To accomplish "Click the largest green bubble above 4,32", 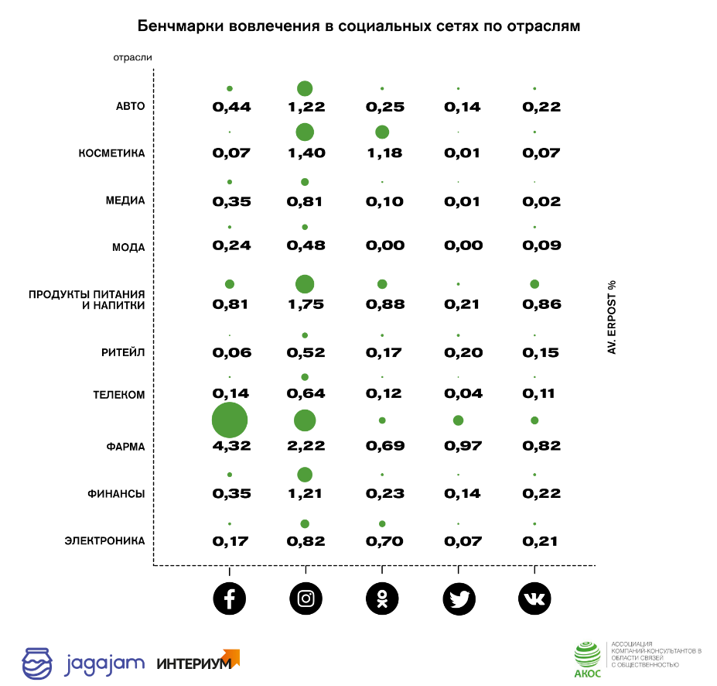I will click(x=230, y=421).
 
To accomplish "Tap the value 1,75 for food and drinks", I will click(x=306, y=304).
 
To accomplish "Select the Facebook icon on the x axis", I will click(x=230, y=598).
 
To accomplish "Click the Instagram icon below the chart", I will click(x=306, y=598).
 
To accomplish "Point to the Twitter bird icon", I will click(x=459, y=598).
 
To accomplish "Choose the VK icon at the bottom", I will click(x=534, y=598).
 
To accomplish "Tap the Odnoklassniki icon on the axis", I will click(x=382, y=598).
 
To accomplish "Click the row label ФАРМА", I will click(x=126, y=447).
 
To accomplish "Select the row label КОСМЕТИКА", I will click(x=111, y=153).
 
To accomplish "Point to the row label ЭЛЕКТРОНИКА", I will click(x=104, y=541).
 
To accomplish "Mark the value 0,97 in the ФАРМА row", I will click(x=462, y=447).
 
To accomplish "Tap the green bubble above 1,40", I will click(x=305, y=132).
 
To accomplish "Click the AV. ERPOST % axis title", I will click(x=611, y=318).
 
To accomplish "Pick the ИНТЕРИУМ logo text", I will click(x=193, y=664).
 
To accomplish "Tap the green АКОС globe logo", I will click(x=587, y=655).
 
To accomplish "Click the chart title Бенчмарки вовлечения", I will click(x=358, y=26).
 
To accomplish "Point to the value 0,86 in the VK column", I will click(x=541, y=304).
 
